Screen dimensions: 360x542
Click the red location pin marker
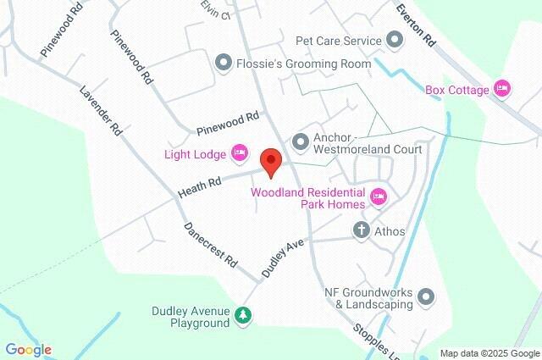point(270,161)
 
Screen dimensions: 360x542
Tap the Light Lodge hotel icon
point(239,153)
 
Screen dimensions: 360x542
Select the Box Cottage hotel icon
point(502,88)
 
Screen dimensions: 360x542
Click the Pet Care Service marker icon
point(394,40)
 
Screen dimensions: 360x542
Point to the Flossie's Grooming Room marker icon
point(224,62)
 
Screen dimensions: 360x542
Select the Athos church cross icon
point(361,230)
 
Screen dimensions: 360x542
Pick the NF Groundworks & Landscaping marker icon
point(425,297)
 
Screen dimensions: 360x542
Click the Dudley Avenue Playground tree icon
point(243,316)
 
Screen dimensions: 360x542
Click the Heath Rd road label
point(200,187)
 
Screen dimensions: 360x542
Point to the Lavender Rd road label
point(102,111)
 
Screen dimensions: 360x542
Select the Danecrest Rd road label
point(211,246)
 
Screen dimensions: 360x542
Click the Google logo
point(28,350)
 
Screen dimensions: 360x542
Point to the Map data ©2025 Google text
point(489,353)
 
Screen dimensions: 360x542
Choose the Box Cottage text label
point(457,90)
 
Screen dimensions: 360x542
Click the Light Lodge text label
point(195,154)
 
